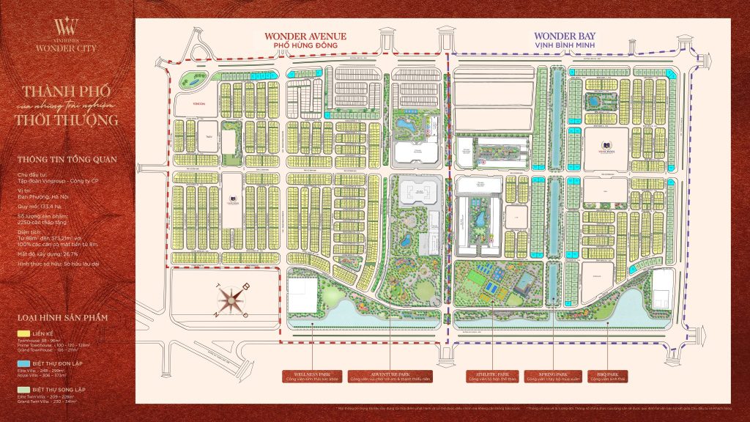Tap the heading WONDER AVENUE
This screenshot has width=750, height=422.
click(x=305, y=36)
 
